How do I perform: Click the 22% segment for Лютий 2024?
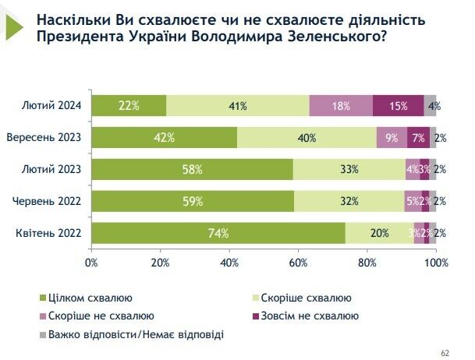click(x=129, y=106)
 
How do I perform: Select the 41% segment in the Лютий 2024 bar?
click(x=238, y=106)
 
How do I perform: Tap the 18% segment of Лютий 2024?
click(x=341, y=106)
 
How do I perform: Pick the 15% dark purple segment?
click(x=398, y=106)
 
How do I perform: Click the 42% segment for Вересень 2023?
click(x=165, y=138)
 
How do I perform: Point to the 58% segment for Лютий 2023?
click(x=193, y=169)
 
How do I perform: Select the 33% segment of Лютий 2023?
click(x=349, y=169)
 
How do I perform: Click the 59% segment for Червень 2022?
click(x=193, y=201)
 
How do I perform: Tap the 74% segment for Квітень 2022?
click(x=218, y=232)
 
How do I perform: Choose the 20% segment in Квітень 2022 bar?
click(x=380, y=232)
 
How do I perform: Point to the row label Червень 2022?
click(x=48, y=201)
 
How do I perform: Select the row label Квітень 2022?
click(x=48, y=232)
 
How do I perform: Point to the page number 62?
click(x=445, y=351)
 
